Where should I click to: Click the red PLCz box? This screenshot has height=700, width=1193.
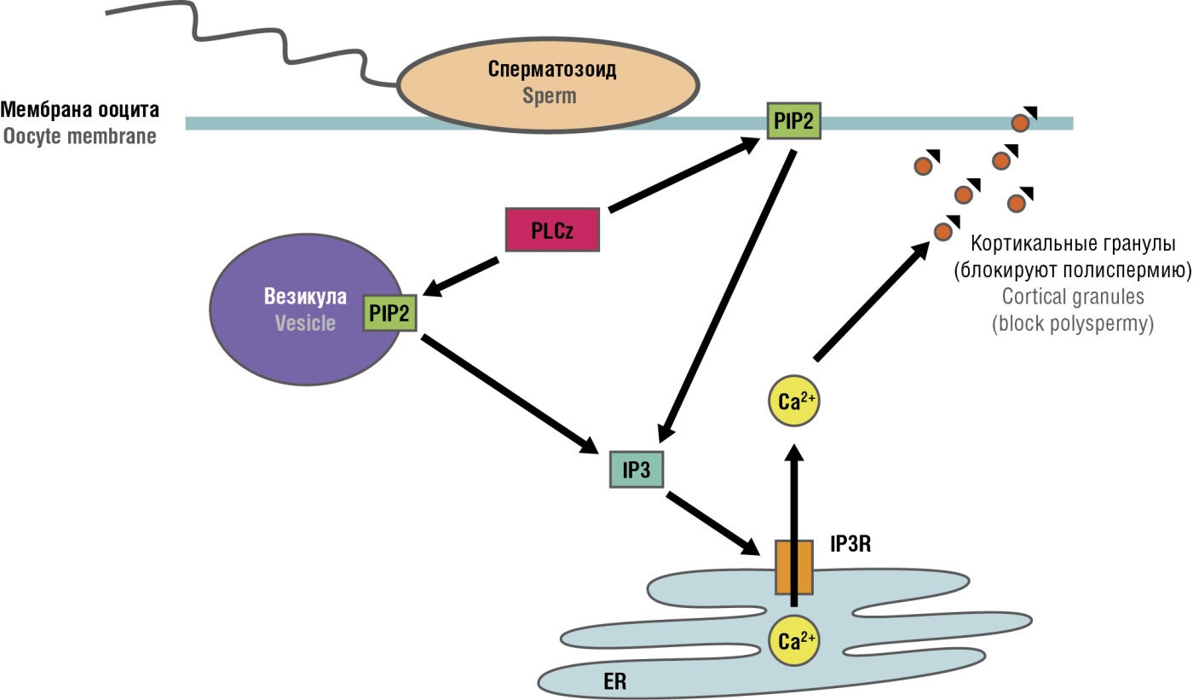552,229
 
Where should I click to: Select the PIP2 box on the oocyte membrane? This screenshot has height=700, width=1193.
793,122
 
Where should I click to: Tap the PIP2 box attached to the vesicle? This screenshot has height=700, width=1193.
389,314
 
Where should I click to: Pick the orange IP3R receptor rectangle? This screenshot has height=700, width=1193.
793,567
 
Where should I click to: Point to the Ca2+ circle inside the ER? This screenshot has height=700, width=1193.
793,642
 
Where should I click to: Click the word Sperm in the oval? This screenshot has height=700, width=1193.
550,95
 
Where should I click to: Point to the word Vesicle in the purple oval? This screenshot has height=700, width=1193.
304,323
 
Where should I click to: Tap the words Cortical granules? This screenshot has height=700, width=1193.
1073,297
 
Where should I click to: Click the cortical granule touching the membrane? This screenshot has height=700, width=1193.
1020,123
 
